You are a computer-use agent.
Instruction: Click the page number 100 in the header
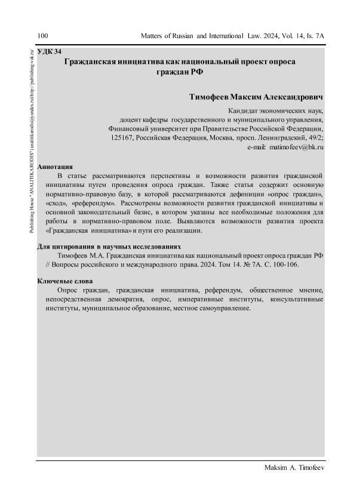pyautogui.click(x=42, y=36)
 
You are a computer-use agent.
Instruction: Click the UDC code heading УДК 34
pyautogui.click(x=49, y=52)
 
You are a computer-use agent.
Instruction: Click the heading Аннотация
pyautogui.click(x=55, y=167)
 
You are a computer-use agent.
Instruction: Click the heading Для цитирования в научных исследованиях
pyautogui.click(x=109, y=246)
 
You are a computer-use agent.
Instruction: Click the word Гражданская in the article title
pyautogui.click(x=96, y=62)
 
